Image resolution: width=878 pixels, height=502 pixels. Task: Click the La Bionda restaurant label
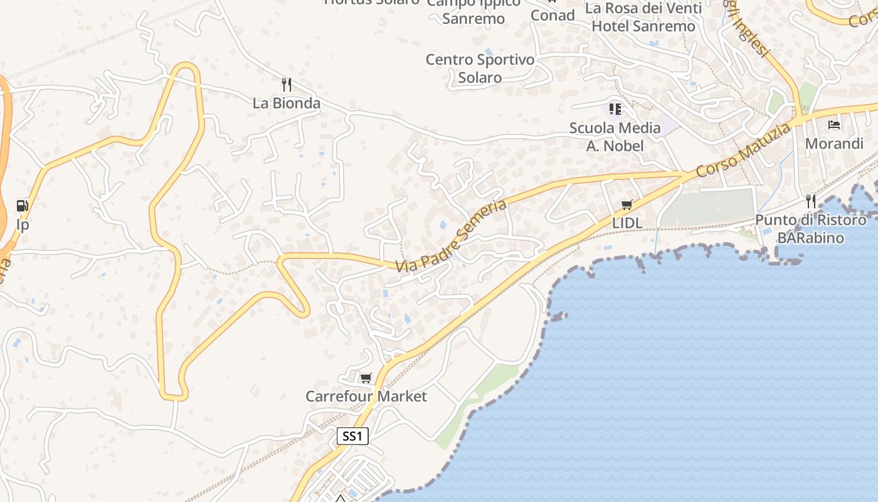pyautogui.click(x=287, y=104)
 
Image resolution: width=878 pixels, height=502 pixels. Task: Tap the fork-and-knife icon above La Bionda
pyautogui.click(x=287, y=84)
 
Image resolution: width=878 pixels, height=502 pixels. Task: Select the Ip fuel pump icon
pyautogui.click(x=23, y=205)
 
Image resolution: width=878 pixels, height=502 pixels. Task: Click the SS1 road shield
pyautogui.click(x=352, y=436)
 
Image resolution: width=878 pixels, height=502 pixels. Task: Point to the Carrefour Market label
pyautogui.click(x=366, y=397)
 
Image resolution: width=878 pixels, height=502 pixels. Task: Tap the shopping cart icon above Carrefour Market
pyautogui.click(x=366, y=378)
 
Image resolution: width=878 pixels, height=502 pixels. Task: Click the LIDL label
pyautogui.click(x=627, y=223)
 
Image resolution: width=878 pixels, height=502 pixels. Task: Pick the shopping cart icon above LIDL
pyautogui.click(x=627, y=205)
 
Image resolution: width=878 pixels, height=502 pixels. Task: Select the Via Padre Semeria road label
pyautogui.click(x=452, y=236)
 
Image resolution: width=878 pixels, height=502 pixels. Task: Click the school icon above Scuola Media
pyautogui.click(x=615, y=109)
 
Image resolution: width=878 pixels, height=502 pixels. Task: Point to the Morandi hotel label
pyautogui.click(x=834, y=144)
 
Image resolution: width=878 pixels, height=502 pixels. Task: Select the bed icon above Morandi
pyautogui.click(x=834, y=125)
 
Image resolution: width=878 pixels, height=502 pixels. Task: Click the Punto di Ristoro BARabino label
pyautogui.click(x=811, y=229)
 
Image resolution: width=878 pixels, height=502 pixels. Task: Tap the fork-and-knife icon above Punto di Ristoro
pyautogui.click(x=811, y=201)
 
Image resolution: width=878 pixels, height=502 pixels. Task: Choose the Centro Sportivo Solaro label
pyautogui.click(x=480, y=68)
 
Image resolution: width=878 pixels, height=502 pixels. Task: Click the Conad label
pyautogui.click(x=553, y=15)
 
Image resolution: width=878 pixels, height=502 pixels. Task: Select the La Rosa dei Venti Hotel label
pyautogui.click(x=643, y=18)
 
